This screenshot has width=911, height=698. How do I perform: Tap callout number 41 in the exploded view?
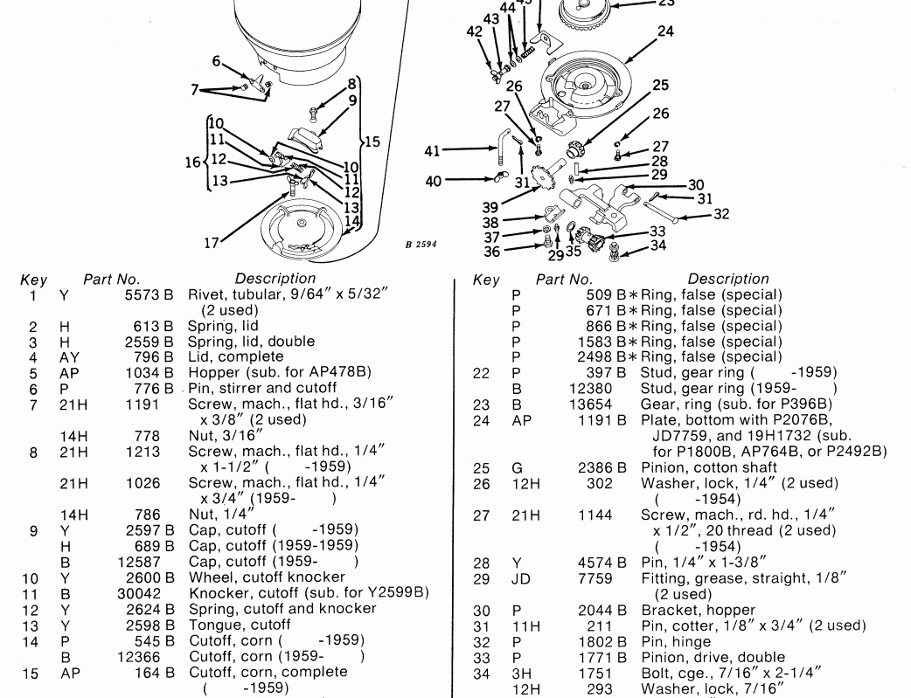[x=431, y=150]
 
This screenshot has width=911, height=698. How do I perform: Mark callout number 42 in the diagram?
[x=474, y=31]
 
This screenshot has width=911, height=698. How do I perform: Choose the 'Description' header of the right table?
[x=728, y=280]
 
